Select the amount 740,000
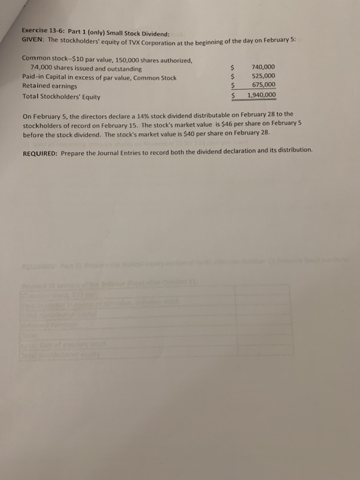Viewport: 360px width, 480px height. [264, 67]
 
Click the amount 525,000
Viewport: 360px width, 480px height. [264, 76]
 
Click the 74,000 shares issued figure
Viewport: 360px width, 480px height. [43, 69]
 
